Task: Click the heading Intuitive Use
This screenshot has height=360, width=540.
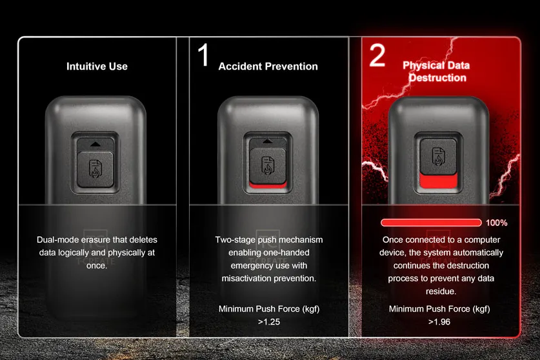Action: tap(97, 66)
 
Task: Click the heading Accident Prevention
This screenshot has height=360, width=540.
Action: tap(268, 66)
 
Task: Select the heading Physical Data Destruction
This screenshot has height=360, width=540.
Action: tap(436, 71)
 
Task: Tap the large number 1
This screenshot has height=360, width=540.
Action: tap(203, 55)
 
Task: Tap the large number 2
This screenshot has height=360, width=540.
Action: tap(377, 55)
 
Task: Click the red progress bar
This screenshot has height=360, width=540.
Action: tap(431, 223)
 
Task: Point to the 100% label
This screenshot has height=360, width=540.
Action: tap(496, 223)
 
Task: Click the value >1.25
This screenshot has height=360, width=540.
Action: tap(269, 321)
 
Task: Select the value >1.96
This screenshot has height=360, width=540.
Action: tap(439, 321)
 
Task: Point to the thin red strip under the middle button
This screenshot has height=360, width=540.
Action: tap(268, 187)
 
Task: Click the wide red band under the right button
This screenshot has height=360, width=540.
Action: tap(439, 183)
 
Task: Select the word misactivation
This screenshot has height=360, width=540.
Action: tap(249, 279)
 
